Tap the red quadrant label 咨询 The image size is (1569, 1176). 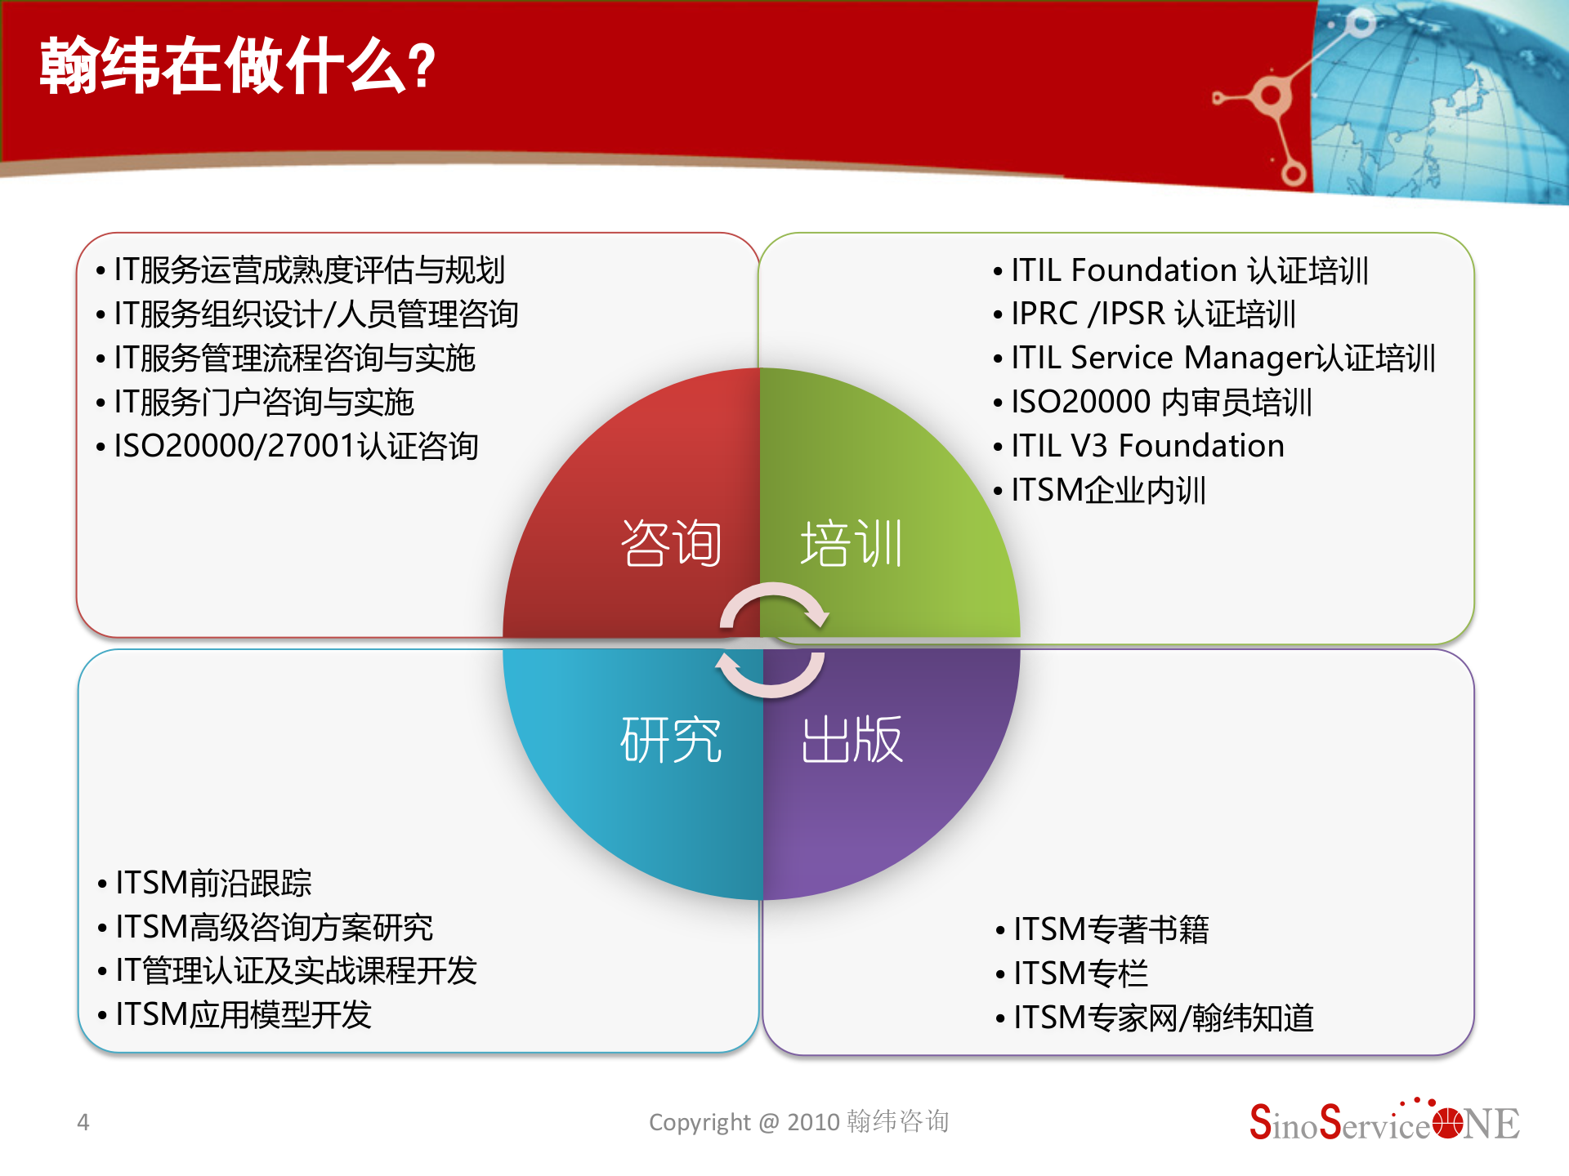tap(671, 544)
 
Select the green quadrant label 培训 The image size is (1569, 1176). tap(852, 544)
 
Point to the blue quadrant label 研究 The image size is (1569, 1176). tap(671, 740)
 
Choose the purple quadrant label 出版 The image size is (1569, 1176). tap(852, 740)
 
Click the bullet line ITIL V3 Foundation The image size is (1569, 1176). tap(1147, 447)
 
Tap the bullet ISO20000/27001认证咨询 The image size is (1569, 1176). tap(296, 447)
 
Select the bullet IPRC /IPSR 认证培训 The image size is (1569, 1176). tap(1152, 314)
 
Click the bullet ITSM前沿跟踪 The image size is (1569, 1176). tap(213, 884)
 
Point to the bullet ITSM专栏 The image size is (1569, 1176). tap(1080, 974)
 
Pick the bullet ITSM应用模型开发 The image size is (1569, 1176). tap(244, 1016)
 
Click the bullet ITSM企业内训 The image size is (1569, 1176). tap(1108, 491)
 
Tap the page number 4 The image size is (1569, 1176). tap(83, 1123)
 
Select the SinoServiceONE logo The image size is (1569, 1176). tap(1383, 1123)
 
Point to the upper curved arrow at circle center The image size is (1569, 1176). tap(774, 602)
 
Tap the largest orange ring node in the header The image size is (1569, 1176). tap(1271, 96)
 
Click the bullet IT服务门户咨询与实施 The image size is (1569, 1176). tap(263, 403)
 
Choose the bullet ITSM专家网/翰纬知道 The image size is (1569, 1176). tap(1163, 1018)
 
